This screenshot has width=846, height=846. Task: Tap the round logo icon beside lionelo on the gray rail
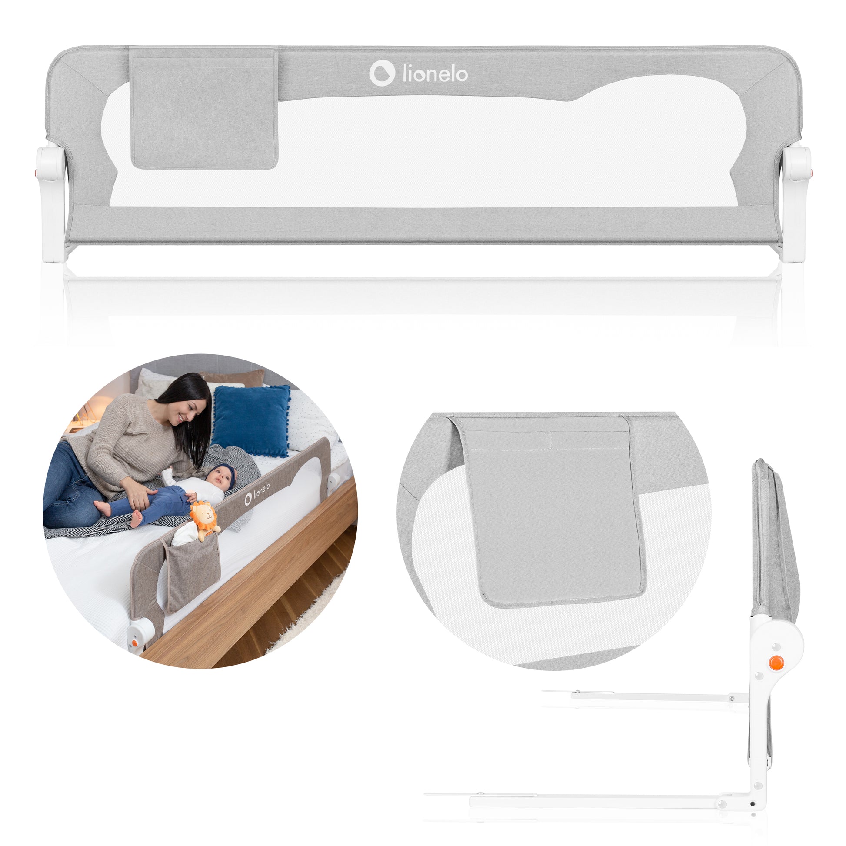(382, 73)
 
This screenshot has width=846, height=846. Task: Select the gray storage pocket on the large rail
(204, 108)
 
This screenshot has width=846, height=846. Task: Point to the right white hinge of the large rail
(796, 201)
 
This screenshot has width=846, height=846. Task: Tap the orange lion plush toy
(204, 521)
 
